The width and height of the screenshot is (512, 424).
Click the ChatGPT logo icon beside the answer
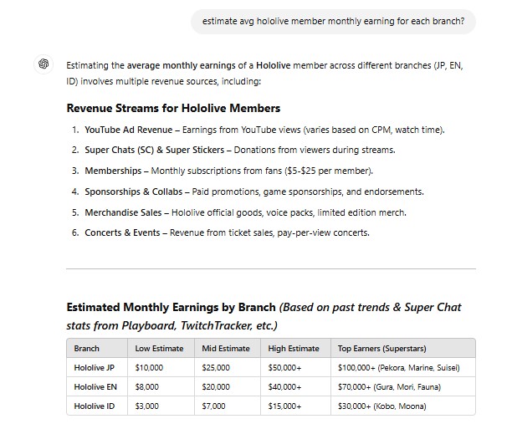43,64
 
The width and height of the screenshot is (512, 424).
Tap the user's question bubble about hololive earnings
333,22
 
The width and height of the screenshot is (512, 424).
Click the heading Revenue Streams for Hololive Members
173,108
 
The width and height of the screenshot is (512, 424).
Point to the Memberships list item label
112,171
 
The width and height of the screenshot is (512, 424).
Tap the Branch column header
86,348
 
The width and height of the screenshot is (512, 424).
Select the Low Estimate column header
155,348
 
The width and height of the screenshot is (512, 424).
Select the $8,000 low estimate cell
148,386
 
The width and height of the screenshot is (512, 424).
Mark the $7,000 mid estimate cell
213,406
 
